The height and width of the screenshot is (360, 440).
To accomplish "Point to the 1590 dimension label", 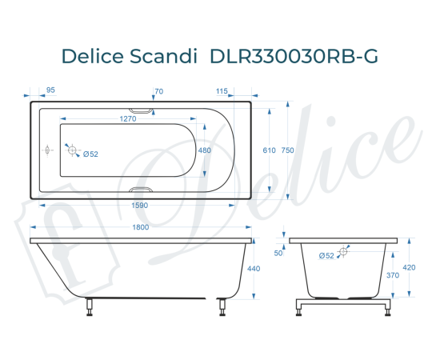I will (136, 205).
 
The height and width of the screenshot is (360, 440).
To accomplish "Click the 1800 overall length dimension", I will (141, 228).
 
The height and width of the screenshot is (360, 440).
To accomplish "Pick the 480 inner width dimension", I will (204, 150).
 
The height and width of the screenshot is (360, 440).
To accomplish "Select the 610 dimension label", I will (269, 150).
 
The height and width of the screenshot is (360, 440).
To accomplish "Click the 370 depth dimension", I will (393, 275).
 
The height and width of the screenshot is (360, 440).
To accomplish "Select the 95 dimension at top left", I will (50, 91).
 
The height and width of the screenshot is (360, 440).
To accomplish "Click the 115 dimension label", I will (222, 91).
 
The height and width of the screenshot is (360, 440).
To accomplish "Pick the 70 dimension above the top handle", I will (158, 91).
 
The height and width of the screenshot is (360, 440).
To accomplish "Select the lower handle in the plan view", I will (142, 190).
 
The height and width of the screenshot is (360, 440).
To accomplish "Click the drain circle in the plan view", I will (72, 150).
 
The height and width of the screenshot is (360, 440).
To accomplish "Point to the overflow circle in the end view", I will (344, 252).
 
